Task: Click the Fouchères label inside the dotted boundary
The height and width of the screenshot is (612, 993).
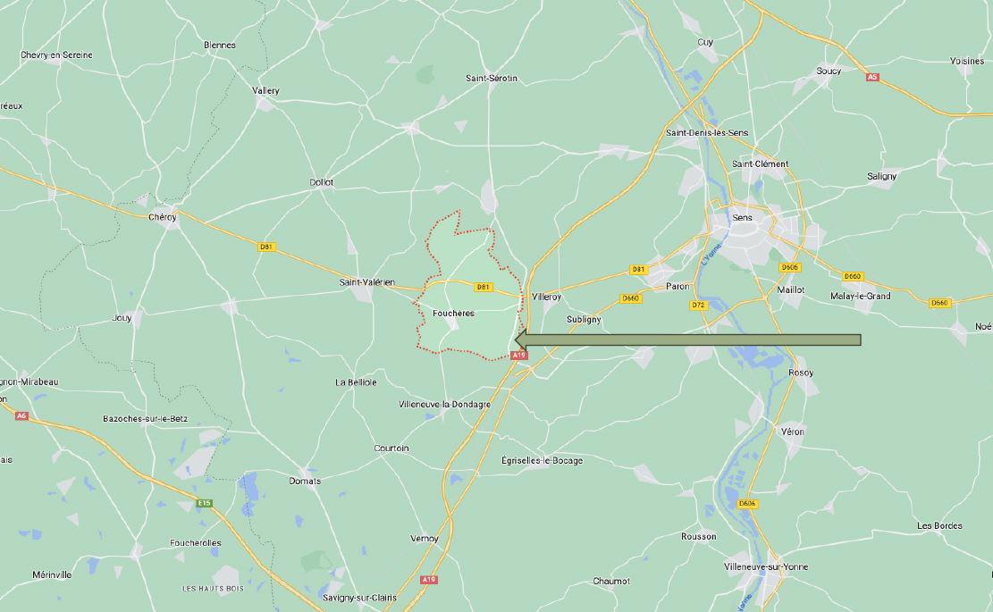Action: pos(452,314)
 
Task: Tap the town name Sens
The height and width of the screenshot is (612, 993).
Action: pos(742,217)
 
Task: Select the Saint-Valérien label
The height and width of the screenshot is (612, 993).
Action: pos(366,282)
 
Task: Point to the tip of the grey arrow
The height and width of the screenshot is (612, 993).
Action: pos(518,340)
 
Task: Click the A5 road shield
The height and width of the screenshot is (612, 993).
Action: pos(872,78)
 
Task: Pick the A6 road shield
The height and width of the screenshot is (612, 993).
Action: pos(21,415)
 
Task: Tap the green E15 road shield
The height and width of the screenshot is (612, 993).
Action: pos(205,503)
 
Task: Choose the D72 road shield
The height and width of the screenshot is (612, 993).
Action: pos(698,305)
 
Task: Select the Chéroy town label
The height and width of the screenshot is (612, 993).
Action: pos(163,217)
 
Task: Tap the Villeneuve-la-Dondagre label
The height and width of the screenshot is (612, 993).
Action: pos(444,404)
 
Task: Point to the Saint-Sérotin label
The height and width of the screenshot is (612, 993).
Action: pos(491,79)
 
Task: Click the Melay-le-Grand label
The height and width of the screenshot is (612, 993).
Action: pos(860,296)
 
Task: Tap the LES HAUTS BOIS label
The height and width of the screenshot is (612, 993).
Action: pos(213,588)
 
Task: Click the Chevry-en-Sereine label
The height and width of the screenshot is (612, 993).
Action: pos(56,55)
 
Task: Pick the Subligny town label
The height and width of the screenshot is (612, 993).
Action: pos(584,319)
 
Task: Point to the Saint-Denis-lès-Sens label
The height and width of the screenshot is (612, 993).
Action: pos(707,133)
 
